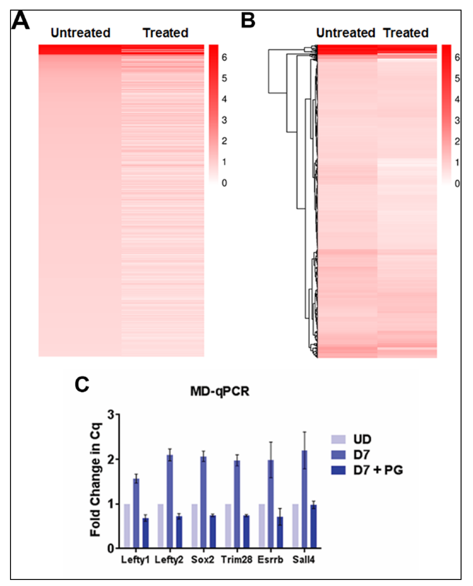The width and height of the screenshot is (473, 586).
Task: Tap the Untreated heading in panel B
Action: [x=345, y=33]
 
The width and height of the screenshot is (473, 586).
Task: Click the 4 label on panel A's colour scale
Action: [x=224, y=99]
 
